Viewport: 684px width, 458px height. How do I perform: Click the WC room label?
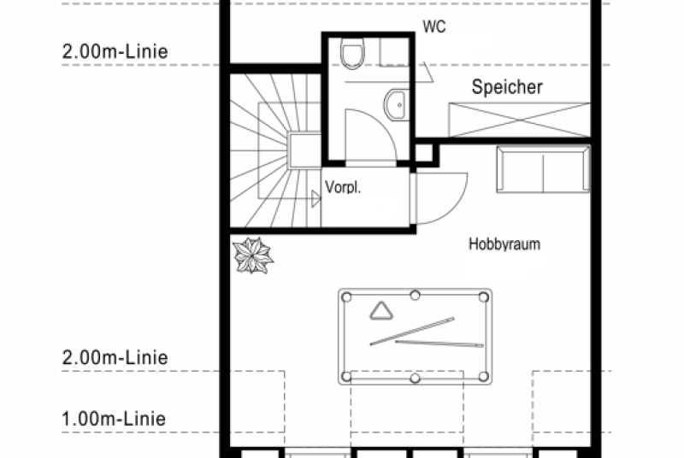coord(434,26)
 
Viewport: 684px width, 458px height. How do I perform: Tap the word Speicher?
coord(507,86)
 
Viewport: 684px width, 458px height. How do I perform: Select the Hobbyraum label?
coord(504,244)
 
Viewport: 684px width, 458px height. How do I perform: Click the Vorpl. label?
coord(343,187)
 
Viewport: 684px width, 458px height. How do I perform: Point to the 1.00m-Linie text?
coord(114,419)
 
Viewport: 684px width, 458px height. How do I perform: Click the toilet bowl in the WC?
coord(352,53)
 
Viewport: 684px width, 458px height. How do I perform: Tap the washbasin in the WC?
coord(396,105)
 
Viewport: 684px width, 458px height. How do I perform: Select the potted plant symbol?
coord(252,255)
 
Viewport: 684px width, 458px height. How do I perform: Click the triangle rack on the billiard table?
coord(381,311)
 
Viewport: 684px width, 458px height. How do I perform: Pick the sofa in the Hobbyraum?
coord(543,169)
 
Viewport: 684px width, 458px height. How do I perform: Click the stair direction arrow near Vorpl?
coord(316,199)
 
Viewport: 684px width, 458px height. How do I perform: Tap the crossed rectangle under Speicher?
coord(520,120)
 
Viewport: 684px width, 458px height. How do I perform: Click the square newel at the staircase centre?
coord(304,150)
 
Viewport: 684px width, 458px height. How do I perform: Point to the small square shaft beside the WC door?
coord(424,153)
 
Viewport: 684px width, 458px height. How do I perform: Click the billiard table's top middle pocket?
coord(415,296)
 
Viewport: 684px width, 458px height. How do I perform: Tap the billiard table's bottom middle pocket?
coord(415,378)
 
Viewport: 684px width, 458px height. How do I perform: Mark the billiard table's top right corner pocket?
coord(483,297)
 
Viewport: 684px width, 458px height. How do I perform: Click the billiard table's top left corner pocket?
coord(346,297)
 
